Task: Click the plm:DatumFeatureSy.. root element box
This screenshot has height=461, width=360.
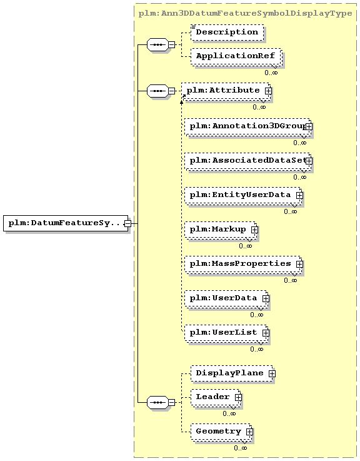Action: [x=66, y=223]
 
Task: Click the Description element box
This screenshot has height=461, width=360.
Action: [x=227, y=33]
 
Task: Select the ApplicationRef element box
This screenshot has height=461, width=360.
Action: [x=236, y=56]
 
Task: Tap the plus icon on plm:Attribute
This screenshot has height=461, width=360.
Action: [x=268, y=91]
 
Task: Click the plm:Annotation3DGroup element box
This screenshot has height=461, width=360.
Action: [x=247, y=127]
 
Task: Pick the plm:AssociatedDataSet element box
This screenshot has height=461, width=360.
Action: [x=247, y=161]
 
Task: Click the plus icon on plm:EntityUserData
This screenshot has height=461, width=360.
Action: [x=299, y=195]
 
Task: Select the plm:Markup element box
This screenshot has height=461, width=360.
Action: [x=221, y=230]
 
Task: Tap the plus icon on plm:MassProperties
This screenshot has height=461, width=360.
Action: [x=299, y=264]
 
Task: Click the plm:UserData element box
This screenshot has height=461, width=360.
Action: [x=226, y=299]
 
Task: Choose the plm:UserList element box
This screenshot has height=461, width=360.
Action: [x=226, y=333]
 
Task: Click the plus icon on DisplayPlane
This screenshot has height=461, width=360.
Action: [x=272, y=373]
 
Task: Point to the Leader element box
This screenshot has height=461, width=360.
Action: [x=216, y=398]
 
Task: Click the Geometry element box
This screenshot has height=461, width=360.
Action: [x=221, y=432]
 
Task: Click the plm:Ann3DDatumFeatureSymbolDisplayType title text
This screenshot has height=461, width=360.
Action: [x=245, y=14]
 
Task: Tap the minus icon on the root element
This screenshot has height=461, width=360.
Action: [x=127, y=223]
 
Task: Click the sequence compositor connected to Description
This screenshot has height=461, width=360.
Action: [x=157, y=44]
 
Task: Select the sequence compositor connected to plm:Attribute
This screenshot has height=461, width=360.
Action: [x=157, y=91]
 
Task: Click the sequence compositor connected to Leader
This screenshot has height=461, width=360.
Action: [x=157, y=402]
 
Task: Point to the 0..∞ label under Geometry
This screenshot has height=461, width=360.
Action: [x=241, y=448]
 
